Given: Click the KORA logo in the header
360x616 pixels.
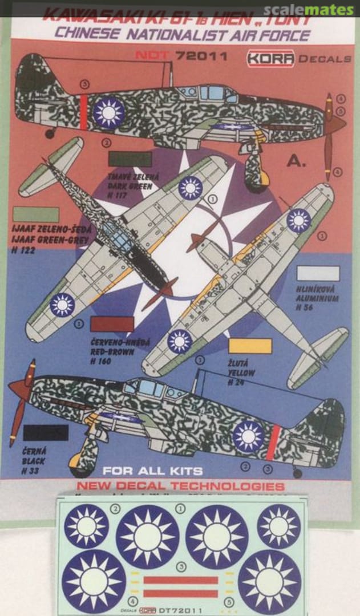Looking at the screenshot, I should (272, 58).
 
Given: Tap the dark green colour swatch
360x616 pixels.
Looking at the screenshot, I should (130, 159).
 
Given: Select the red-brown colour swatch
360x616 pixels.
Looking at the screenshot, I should (112, 324).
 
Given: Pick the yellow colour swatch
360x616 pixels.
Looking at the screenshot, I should (250, 346).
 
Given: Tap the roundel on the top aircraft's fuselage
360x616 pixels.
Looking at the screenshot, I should (108, 112).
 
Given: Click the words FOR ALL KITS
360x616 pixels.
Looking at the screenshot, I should (152, 471).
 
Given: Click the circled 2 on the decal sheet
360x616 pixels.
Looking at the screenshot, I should (116, 509).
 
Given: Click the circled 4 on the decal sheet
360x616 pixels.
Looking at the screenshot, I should (132, 601).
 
